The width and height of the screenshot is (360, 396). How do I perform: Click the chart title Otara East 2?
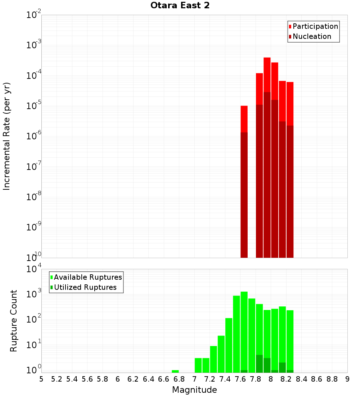point(180,6)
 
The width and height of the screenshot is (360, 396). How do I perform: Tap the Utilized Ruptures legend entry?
point(85,287)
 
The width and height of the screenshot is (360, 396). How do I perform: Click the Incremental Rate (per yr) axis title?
point(7,136)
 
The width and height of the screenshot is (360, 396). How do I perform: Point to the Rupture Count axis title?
point(14,321)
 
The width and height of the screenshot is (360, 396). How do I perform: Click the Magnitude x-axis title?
point(194,390)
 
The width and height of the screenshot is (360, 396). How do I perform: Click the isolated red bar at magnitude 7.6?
point(244,119)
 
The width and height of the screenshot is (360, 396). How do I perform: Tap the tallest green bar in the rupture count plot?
point(244,331)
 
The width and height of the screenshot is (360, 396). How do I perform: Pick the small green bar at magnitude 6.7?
point(175,371)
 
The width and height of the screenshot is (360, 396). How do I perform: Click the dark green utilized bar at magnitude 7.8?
point(259,364)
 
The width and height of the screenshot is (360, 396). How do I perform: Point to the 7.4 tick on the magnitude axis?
point(225,379)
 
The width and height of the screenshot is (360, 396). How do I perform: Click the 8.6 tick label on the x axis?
point(317,379)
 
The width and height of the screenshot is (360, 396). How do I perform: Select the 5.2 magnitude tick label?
point(57,379)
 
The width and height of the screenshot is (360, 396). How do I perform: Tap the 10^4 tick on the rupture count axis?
point(34,269)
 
